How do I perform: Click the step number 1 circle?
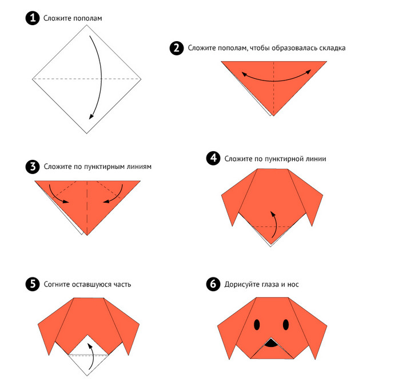pyautogui.click(x=33, y=18)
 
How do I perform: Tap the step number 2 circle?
pyautogui.click(x=177, y=48)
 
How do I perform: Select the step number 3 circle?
pyautogui.click(x=33, y=167)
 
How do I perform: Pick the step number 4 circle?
pyautogui.click(x=213, y=158)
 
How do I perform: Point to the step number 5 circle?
pyautogui.click(x=33, y=284)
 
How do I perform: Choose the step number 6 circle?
pyautogui.click(x=213, y=284)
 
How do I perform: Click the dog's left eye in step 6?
pyautogui.click(x=257, y=325)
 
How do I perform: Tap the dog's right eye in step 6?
pyautogui.click(x=286, y=325)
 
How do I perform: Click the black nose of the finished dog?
pyautogui.click(x=271, y=343)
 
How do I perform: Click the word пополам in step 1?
pyautogui.click(x=87, y=18)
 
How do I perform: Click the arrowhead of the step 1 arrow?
pyautogui.click(x=91, y=116)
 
